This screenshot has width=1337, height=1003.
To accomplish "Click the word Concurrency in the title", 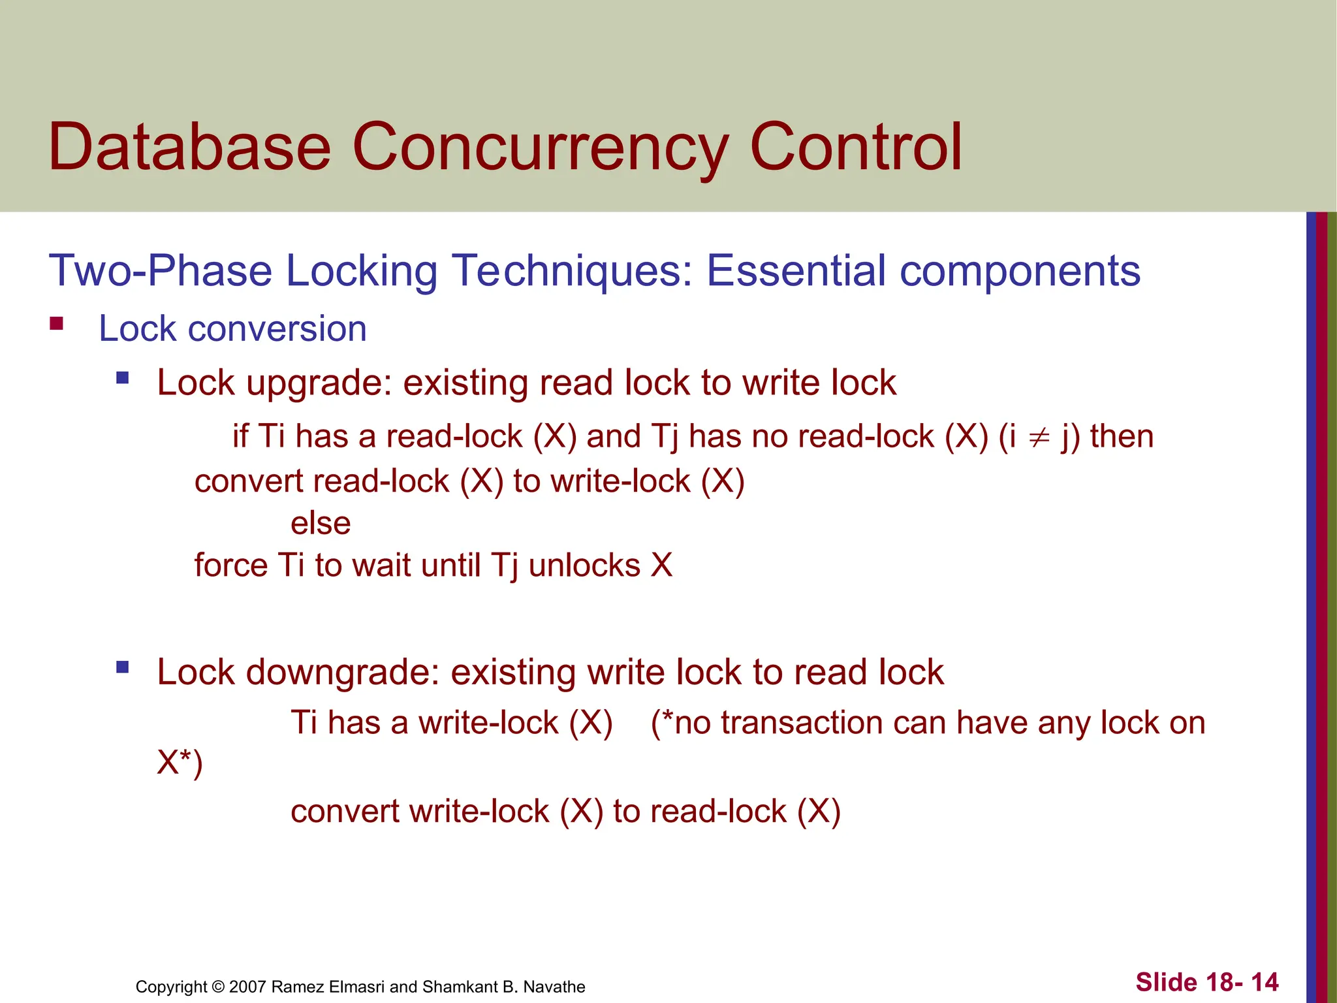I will [x=540, y=149].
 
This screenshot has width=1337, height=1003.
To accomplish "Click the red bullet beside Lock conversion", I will [x=57, y=323].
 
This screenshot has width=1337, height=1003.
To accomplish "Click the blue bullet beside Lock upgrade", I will [x=122, y=377].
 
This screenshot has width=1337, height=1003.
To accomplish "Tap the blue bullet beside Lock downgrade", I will [x=122, y=667].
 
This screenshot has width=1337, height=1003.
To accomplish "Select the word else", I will [x=321, y=523].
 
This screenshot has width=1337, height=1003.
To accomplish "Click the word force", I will [x=231, y=565].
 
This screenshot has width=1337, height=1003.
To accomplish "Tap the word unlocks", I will [x=584, y=565].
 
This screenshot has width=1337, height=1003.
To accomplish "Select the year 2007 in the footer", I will [x=247, y=987].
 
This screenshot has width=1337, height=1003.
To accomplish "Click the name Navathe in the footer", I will [x=554, y=987].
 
